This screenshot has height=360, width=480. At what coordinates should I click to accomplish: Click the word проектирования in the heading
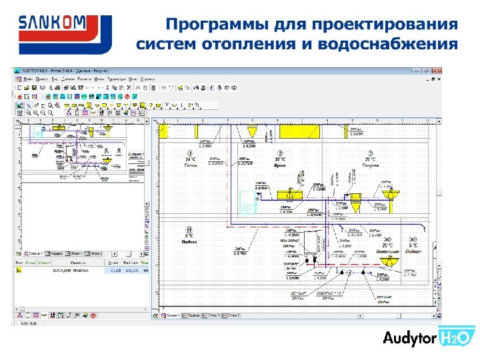click(391, 26)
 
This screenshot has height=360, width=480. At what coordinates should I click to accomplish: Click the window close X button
click(437, 69)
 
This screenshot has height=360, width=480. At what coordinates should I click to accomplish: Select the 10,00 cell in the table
click(131, 271)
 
